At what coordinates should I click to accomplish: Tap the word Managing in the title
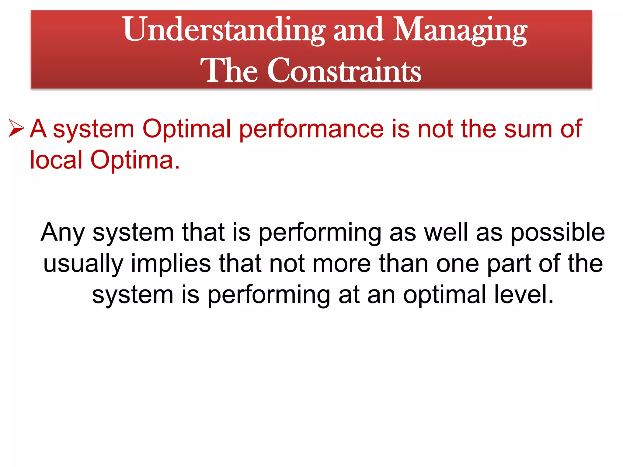[x=460, y=30]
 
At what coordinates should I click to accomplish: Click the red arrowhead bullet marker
[x=16, y=128]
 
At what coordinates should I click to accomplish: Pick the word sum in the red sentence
[x=528, y=129]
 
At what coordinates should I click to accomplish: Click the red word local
[x=56, y=160]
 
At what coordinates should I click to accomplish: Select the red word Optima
[x=135, y=161]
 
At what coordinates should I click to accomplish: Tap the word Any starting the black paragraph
[x=63, y=233]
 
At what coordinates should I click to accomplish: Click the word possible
[x=558, y=233]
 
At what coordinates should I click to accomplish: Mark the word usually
[x=83, y=264]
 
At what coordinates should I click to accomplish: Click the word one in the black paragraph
[x=458, y=264]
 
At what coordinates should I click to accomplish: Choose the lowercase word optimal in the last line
[x=444, y=295]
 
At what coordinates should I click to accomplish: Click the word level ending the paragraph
[x=523, y=295]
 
